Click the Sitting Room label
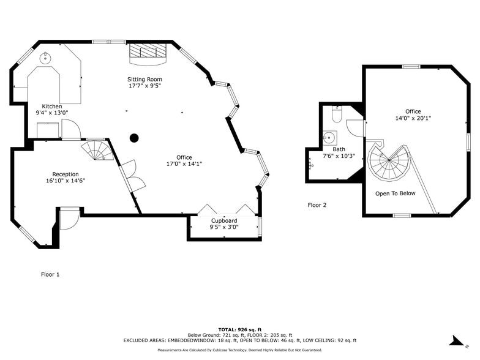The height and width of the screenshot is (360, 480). click(x=144, y=79)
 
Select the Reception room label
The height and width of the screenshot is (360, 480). click(x=66, y=174)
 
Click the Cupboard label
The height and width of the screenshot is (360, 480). click(x=224, y=220)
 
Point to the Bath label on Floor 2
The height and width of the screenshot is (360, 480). click(x=339, y=149)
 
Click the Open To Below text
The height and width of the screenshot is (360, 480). click(x=395, y=193)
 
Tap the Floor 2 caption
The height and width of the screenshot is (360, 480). click(x=317, y=205)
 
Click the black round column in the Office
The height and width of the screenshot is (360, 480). click(x=134, y=138)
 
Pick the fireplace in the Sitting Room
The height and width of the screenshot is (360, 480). click(x=147, y=53)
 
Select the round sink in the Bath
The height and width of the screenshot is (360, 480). click(x=329, y=137)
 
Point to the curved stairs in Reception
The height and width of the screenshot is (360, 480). click(x=97, y=149)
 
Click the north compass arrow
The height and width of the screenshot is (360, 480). click(x=456, y=340)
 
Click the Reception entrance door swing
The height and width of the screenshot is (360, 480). click(x=69, y=218)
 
